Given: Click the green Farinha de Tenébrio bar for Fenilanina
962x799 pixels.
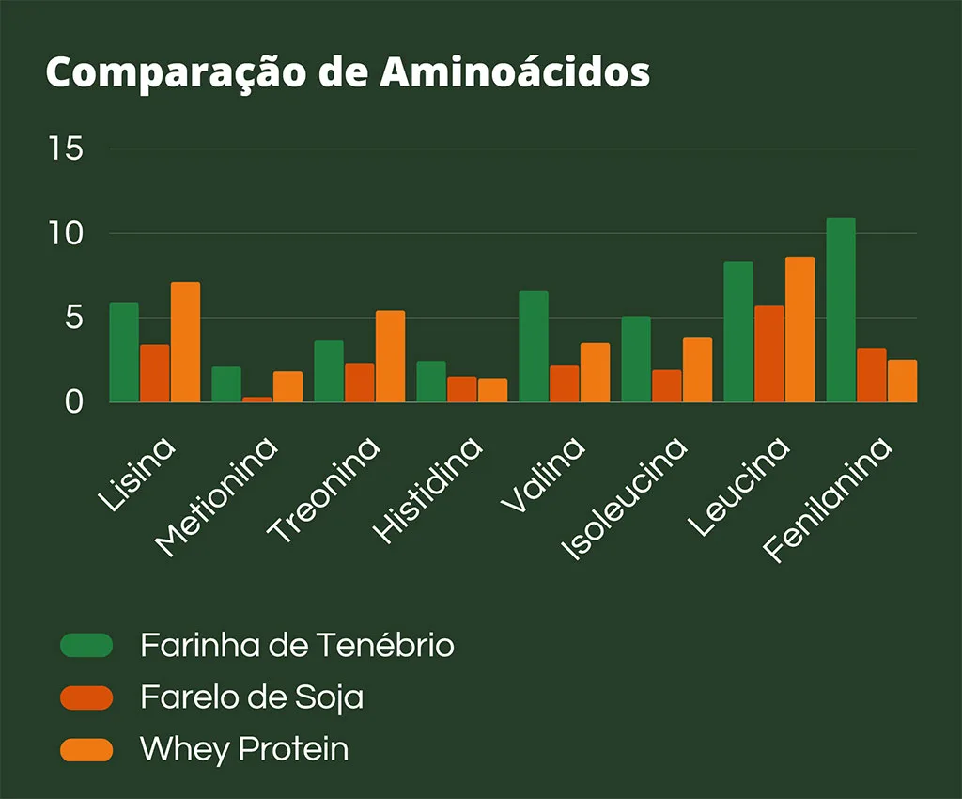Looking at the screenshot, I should pos(841,310).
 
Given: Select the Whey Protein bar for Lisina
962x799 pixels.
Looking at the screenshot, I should pos(185,342).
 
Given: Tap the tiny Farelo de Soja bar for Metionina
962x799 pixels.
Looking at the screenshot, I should pos(256,399).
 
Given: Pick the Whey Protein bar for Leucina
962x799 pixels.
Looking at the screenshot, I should pos(799,329).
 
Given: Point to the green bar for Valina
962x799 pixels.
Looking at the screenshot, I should pos(534,347).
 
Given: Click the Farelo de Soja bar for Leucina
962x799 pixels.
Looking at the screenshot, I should pos(768,353).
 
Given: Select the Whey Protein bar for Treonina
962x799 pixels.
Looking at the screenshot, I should pos(390,356).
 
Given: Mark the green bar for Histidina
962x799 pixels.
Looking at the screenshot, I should pos(431,382).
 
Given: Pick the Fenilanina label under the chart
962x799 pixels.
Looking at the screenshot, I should pos(827,499).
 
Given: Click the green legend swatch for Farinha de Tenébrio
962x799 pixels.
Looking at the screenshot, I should pos(86,646).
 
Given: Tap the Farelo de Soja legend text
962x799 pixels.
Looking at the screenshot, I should pos(252,697).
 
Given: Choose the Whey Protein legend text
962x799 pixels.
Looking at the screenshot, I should pos(244,749).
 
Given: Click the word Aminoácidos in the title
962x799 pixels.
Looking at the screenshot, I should pos(515,73).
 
